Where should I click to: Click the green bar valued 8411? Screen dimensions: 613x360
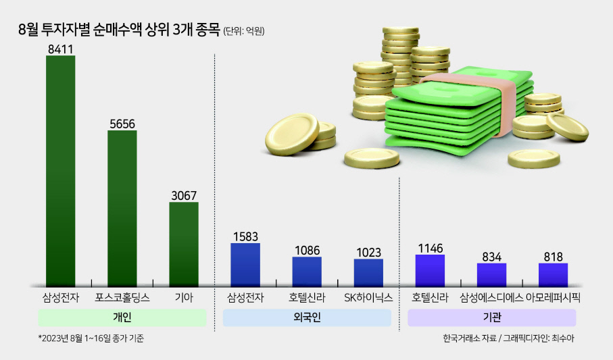click(61, 171)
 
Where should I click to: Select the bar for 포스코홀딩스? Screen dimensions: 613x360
click(122, 208)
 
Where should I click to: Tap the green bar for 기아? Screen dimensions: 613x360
click(184, 245)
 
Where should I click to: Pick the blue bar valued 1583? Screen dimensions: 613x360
click(245, 265)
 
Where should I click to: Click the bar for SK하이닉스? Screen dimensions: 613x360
click(368, 272)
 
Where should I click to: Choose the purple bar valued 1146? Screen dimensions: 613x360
click(430, 270)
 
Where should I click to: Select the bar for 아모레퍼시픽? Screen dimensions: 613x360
click(553, 275)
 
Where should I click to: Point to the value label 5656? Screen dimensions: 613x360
click(122, 124)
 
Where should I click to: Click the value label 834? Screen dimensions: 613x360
click(492, 257)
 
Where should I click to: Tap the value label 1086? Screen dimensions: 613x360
click(308, 250)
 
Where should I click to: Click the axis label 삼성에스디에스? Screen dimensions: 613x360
click(491, 298)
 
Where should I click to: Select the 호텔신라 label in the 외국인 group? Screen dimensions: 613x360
click(307, 298)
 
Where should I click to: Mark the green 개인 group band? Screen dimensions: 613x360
click(122, 317)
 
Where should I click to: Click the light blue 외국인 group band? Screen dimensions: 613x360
click(307, 317)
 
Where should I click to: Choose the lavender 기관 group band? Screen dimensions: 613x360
click(492, 317)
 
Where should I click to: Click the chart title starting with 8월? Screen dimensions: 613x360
click(119, 30)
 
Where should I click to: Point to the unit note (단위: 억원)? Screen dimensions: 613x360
click(244, 31)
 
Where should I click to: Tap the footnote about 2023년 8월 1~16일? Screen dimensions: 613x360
click(91, 338)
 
